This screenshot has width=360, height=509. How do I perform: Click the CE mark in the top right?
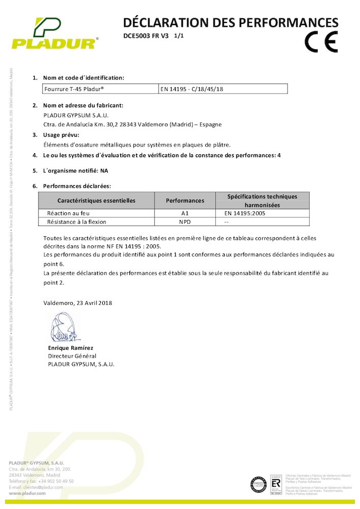(x=321, y=42)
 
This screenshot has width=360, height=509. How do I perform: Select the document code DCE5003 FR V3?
(x=146, y=36)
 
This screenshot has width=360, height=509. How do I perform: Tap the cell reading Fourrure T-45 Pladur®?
(x=74, y=89)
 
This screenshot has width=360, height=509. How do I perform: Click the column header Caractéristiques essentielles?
(x=96, y=201)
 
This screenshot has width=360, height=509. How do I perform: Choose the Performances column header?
(x=185, y=201)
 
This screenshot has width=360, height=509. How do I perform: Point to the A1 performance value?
(x=184, y=214)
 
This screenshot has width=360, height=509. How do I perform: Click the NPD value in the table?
(x=184, y=222)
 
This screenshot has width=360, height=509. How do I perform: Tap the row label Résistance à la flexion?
(x=76, y=222)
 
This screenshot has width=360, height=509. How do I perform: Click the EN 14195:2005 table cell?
(x=244, y=214)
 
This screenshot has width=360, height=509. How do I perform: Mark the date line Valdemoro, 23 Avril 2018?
(x=78, y=303)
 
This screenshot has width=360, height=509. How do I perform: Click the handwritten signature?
(x=64, y=328)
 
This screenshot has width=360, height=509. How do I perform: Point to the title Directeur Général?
(x=72, y=356)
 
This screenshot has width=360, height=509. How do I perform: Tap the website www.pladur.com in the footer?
(x=29, y=494)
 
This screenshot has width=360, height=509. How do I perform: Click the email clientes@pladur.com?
(x=43, y=487)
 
